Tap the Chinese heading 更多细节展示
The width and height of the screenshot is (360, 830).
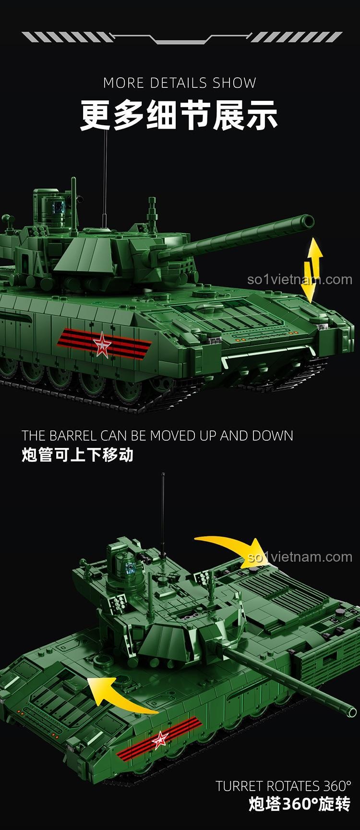pyautogui.click(x=179, y=115)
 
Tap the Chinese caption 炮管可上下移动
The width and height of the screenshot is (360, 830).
pyautogui.click(x=77, y=455)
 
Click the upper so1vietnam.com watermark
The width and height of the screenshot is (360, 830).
pyautogui.click(x=300, y=279)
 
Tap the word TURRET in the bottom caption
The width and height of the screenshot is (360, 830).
pyautogui.click(x=239, y=786)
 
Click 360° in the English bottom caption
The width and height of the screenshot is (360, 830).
pyautogui.click(x=336, y=786)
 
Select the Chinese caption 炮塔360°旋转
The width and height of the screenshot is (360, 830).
pyautogui.click(x=300, y=805)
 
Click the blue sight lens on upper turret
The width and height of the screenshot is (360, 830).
pyautogui.click(x=60, y=207)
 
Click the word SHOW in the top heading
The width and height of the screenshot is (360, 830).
pyautogui.click(x=235, y=83)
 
